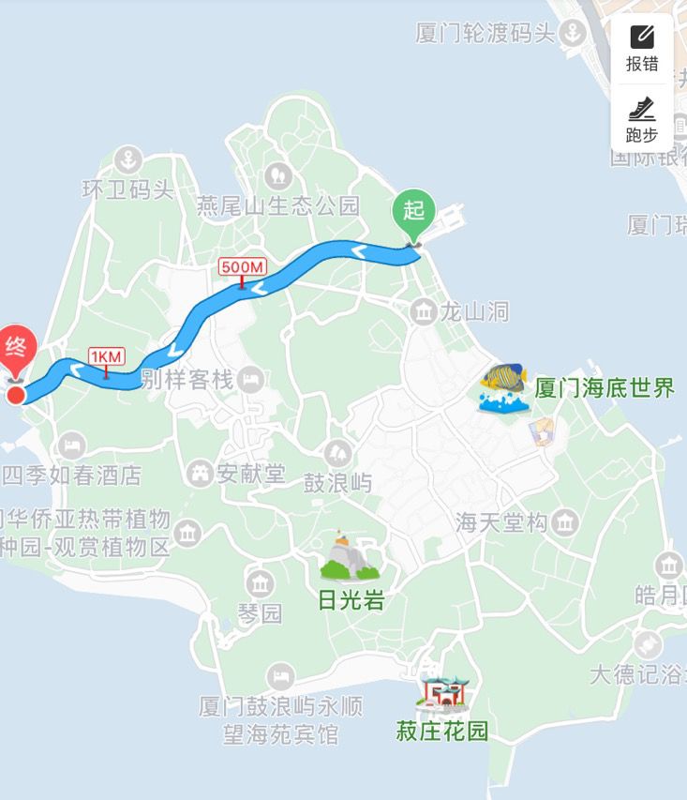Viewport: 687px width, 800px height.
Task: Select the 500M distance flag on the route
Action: pyautogui.click(x=241, y=267)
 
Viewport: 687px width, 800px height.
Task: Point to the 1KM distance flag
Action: pyautogui.click(x=106, y=357)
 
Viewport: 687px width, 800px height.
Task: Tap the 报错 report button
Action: pyautogui.click(x=642, y=49)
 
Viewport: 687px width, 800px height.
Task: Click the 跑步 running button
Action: pyautogui.click(x=642, y=119)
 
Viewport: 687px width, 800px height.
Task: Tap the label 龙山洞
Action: pyautogui.click(x=475, y=310)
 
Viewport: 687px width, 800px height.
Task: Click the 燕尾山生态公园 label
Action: pyautogui.click(x=277, y=205)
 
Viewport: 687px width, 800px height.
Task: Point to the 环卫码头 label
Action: pyautogui.click(x=128, y=189)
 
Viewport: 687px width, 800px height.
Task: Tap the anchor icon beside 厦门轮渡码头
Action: pyautogui.click(x=571, y=34)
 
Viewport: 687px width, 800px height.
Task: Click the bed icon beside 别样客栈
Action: pyautogui.click(x=250, y=380)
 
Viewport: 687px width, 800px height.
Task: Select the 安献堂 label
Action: pyautogui.click(x=250, y=474)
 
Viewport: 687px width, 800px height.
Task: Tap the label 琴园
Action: pyautogui.click(x=260, y=613)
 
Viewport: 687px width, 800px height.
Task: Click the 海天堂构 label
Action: pyautogui.click(x=501, y=522)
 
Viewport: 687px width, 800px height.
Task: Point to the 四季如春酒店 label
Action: pyautogui.click(x=72, y=475)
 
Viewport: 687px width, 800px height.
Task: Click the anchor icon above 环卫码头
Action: pyautogui.click(x=128, y=158)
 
